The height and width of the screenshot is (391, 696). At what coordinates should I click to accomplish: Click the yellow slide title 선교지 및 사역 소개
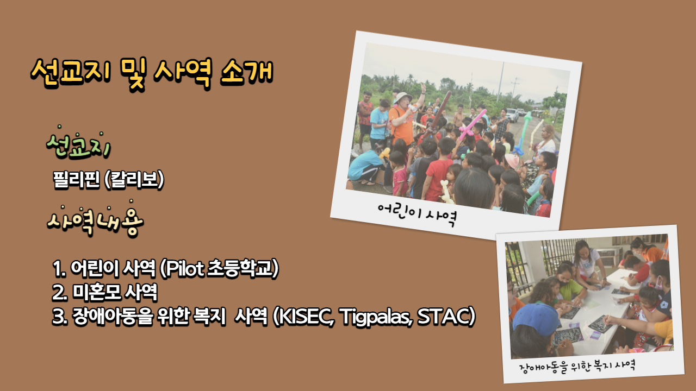[x=152, y=74]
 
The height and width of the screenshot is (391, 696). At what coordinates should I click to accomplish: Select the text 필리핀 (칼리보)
[x=108, y=180]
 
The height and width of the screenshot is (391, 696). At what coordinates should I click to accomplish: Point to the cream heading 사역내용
[x=95, y=219]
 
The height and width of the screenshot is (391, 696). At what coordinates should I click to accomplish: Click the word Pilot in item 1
[x=185, y=268]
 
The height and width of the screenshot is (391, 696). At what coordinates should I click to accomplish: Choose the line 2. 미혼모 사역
[x=105, y=292]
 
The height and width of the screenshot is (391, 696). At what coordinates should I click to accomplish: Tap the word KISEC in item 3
[x=306, y=316]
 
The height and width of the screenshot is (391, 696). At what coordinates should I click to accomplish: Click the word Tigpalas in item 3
[x=376, y=317]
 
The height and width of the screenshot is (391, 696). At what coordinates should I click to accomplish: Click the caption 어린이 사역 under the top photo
[x=417, y=213]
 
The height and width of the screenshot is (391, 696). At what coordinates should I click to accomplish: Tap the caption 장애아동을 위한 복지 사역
[x=577, y=367]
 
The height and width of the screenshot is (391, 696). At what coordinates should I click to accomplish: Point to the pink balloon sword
[x=471, y=125]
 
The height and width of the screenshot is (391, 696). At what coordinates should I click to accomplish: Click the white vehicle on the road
[x=512, y=115]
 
